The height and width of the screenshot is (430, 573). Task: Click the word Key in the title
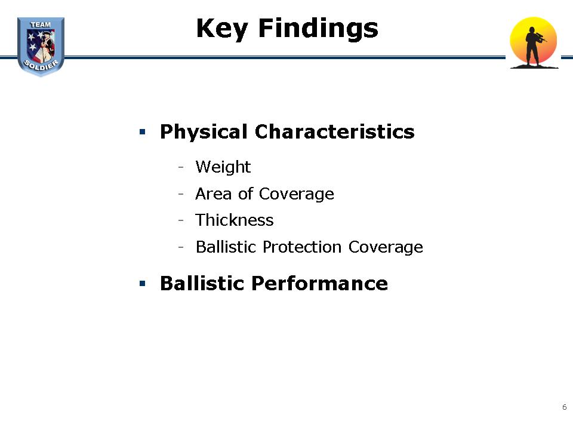pyautogui.click(x=222, y=29)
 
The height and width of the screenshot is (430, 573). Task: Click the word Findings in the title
pyautogui.click(x=318, y=29)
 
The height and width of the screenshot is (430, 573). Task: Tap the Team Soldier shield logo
pyautogui.click(x=41, y=47)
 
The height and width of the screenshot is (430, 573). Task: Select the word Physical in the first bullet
pyautogui.click(x=204, y=132)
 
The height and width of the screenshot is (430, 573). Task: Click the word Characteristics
pyautogui.click(x=335, y=131)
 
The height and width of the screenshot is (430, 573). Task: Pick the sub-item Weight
pyautogui.click(x=223, y=167)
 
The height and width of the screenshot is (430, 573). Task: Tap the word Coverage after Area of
pyautogui.click(x=297, y=194)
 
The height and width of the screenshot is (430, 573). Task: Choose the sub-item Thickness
pyautogui.click(x=234, y=220)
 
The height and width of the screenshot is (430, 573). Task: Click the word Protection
pyautogui.click(x=302, y=247)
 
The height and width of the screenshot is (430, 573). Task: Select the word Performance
pyautogui.click(x=320, y=283)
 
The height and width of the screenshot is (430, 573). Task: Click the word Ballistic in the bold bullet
pyautogui.click(x=202, y=283)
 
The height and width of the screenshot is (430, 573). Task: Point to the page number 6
pyautogui.click(x=564, y=407)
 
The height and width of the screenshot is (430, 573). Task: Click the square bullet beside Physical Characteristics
pyautogui.click(x=143, y=131)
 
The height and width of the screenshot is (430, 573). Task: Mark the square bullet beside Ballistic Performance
pyautogui.click(x=143, y=283)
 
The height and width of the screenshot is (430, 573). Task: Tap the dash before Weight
pyautogui.click(x=181, y=168)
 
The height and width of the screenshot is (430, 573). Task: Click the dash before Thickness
pyautogui.click(x=181, y=220)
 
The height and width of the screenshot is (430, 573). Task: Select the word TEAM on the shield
pyautogui.click(x=41, y=25)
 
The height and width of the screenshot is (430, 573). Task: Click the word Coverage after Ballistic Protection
pyautogui.click(x=386, y=247)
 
